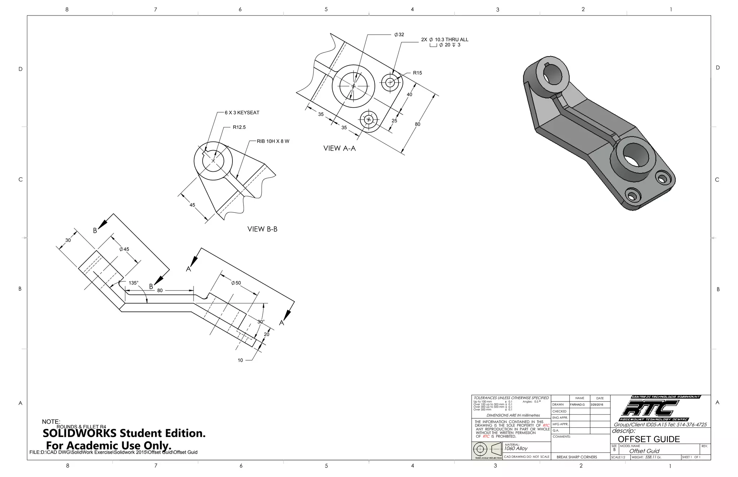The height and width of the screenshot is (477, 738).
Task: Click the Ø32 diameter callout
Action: pyautogui.click(x=399, y=35)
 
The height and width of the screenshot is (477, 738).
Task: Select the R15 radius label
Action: pyautogui.click(x=417, y=73)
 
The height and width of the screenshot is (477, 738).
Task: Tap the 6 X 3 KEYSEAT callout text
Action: pyautogui.click(x=242, y=113)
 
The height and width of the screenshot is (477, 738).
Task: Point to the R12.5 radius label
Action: pyautogui.click(x=239, y=127)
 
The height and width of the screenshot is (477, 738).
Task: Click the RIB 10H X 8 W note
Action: pyautogui.click(x=273, y=141)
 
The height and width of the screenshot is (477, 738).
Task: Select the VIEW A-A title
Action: pyautogui.click(x=339, y=148)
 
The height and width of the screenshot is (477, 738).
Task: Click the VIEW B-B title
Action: pyautogui.click(x=262, y=229)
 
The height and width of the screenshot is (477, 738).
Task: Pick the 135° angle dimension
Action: pyautogui.click(x=133, y=283)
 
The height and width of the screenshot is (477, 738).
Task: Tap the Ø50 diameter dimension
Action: pyautogui.click(x=236, y=283)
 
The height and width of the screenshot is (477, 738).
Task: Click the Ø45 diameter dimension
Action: pyautogui.click(x=124, y=249)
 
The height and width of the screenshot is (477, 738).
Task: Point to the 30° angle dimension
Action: pyautogui.click(x=261, y=321)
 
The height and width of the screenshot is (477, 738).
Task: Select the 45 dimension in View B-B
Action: pyautogui.click(x=192, y=205)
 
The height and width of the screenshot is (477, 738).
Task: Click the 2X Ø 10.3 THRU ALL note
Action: pyautogui.click(x=445, y=40)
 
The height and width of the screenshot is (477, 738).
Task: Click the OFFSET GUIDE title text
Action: pyautogui.click(x=649, y=439)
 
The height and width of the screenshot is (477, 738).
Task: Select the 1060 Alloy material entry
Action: pyautogui.click(x=516, y=449)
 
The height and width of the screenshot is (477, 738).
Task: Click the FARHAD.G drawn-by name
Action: pyautogui.click(x=577, y=405)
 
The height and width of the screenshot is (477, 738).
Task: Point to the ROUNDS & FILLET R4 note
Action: pyautogui.click(x=81, y=427)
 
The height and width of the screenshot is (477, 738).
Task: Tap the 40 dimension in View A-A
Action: pyautogui.click(x=409, y=95)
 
